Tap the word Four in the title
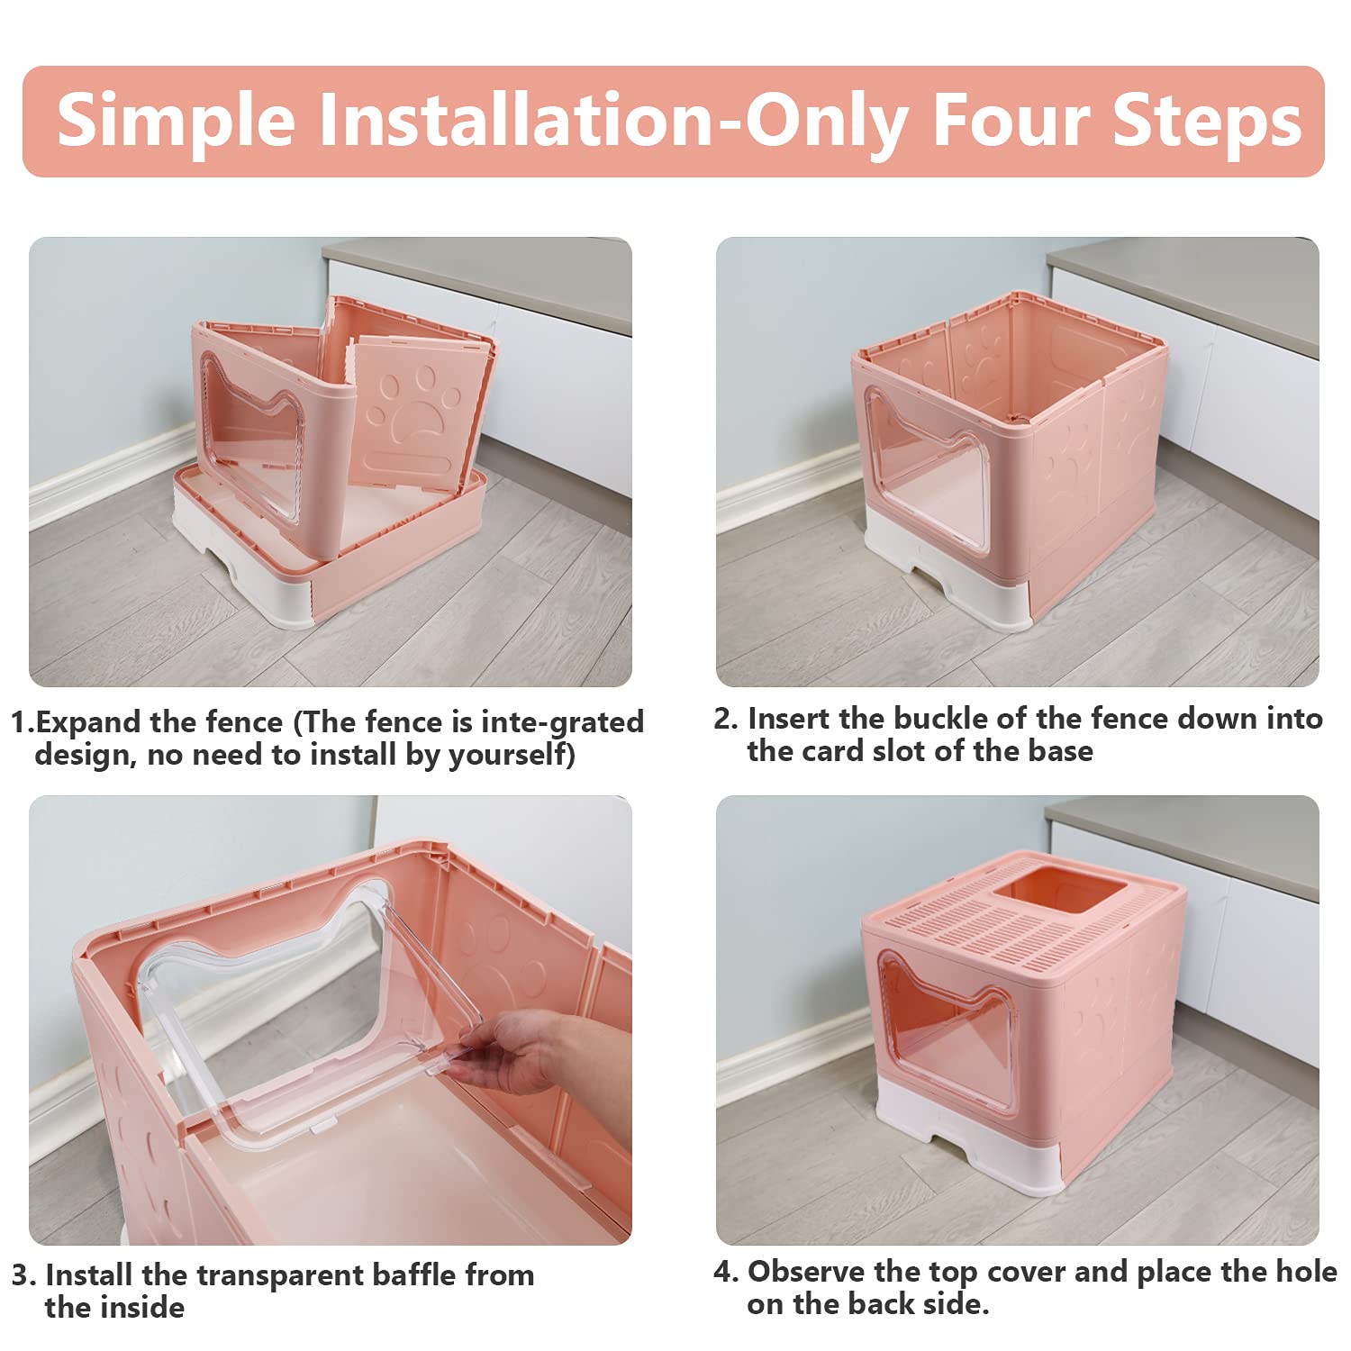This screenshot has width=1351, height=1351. [x=1009, y=120]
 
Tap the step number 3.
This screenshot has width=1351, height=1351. [x=23, y=1275]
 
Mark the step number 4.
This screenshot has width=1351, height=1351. [x=725, y=1271]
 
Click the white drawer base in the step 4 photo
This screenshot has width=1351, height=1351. [x=968, y=1139]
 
